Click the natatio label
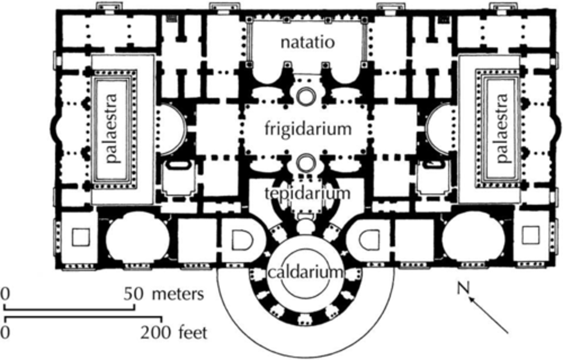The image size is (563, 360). coord(308,42)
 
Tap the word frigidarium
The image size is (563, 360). coord(308,129)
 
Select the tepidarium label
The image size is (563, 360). coord(307,193)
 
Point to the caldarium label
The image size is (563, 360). coord(305,272)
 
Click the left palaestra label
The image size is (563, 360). coord(112,128)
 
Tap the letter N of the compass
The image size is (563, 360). coord(463,288)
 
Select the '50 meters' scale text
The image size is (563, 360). coord(164,294)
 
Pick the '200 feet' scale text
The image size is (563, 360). coord(174,333)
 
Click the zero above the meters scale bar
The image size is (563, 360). coord(4,294)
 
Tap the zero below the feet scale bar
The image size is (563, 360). coord(5,333)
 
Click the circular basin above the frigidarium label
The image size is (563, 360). coord(305,96)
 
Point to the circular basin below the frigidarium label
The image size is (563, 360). coord(305,161)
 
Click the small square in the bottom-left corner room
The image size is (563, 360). coord(81,236)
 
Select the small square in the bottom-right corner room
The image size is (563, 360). coord(531,235)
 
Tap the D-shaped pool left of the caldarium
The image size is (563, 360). coord(242,239)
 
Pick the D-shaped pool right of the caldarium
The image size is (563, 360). coord(370,239)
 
